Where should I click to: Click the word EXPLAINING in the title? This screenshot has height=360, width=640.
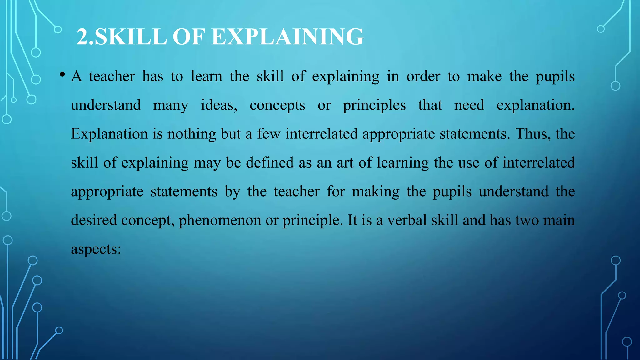pos(287,37)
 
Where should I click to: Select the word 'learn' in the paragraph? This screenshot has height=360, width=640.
pos(207,76)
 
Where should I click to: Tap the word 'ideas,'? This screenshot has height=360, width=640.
pos(219,105)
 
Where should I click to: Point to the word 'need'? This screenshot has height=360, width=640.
pos(469,105)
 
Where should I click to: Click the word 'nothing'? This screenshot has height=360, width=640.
pos(192,134)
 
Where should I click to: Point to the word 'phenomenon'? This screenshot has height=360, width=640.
pos(219,221)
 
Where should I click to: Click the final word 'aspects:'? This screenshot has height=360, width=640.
pos(96,249)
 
